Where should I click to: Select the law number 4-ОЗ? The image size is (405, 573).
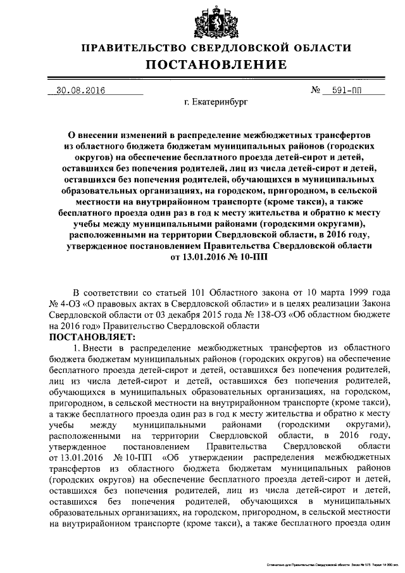click(x=71, y=303)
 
